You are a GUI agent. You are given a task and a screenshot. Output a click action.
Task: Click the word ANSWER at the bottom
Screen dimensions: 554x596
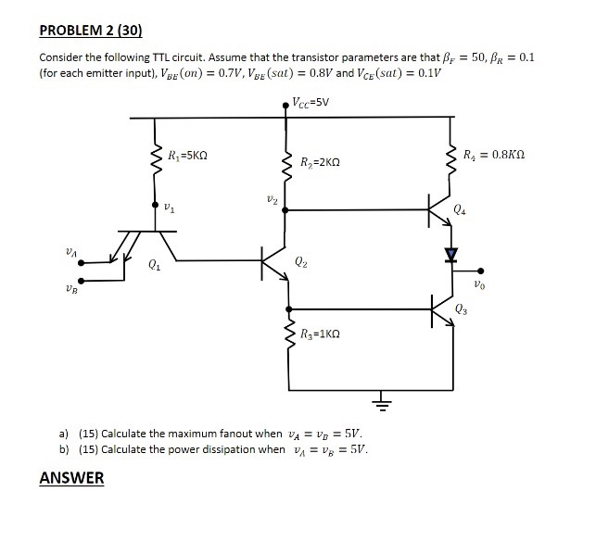pos(72,478)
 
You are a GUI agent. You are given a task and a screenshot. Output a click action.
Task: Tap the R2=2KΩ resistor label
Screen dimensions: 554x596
pos(323,163)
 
